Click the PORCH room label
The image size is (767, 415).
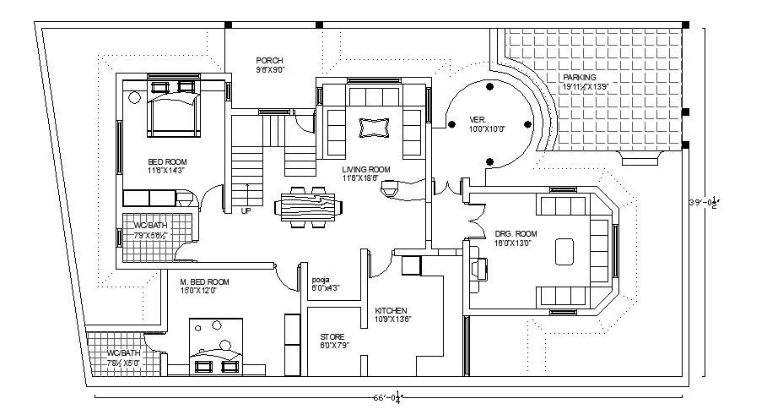coord(269,60)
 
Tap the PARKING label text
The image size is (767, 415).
coord(579,77)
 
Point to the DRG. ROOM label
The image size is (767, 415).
coord(516,233)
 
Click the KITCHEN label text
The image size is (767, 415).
coord(391,310)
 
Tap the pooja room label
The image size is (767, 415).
coord(320,278)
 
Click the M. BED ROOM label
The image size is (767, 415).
coord(204,281)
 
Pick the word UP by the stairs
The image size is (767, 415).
coord(246,210)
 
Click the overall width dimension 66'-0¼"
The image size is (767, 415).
coord(388,398)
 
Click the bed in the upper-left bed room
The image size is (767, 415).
coord(174,111)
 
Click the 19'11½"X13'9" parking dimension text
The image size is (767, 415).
coord(585,87)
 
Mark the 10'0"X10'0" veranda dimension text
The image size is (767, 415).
coord(487,129)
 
